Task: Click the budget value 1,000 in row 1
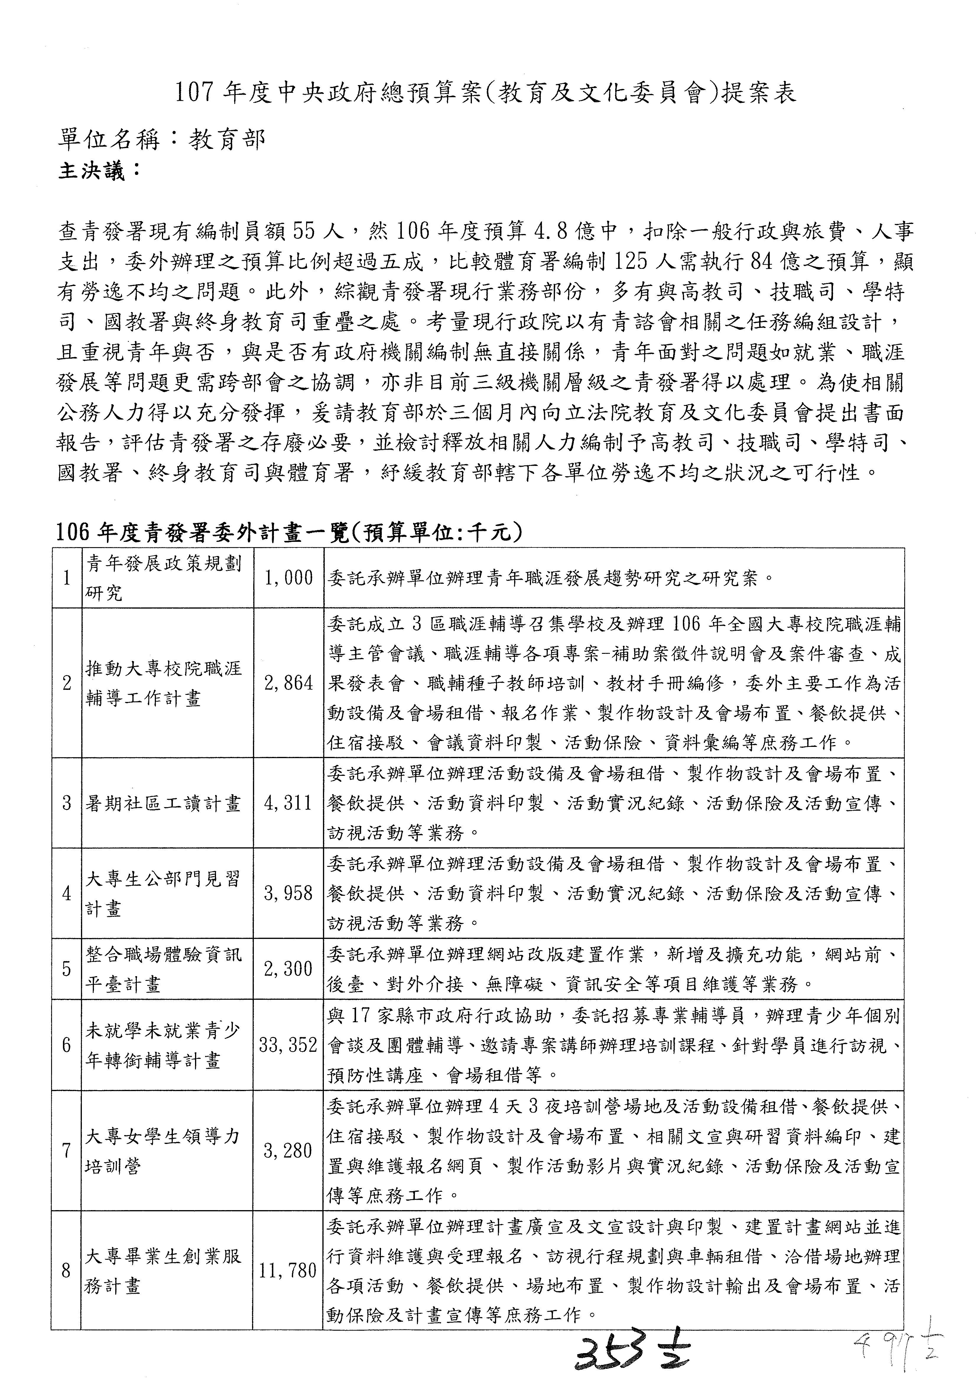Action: [x=288, y=578]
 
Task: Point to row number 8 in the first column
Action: [x=67, y=1271]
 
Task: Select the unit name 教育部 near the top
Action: [x=227, y=140]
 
